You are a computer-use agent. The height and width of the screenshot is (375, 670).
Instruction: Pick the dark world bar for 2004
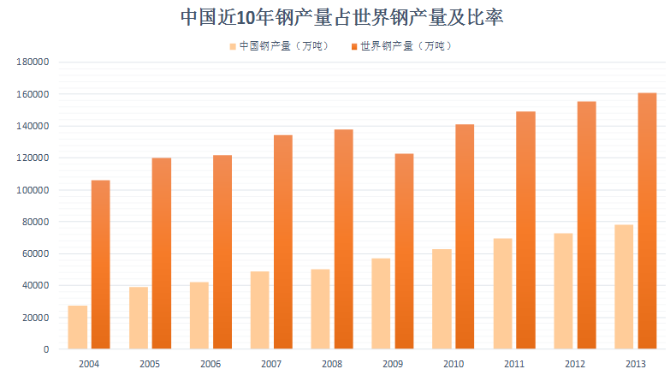(100, 265)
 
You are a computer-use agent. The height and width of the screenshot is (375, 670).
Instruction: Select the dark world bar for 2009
(404, 251)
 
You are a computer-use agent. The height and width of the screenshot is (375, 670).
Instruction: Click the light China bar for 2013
(624, 287)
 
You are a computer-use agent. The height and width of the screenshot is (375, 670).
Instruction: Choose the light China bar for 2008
(320, 309)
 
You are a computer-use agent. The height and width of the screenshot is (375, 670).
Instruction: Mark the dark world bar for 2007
(282, 242)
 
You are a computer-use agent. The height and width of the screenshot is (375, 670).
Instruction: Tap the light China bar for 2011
(502, 294)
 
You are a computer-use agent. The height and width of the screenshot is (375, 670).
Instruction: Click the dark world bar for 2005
(161, 253)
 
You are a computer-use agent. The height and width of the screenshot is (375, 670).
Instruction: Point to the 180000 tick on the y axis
(34, 62)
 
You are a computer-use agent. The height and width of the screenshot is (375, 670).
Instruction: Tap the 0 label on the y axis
(47, 349)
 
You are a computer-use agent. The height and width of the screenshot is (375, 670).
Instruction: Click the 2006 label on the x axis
(210, 364)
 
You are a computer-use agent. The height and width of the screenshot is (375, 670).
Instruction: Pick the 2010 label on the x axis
(454, 364)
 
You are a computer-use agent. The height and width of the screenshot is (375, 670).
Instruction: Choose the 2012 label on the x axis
(575, 364)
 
